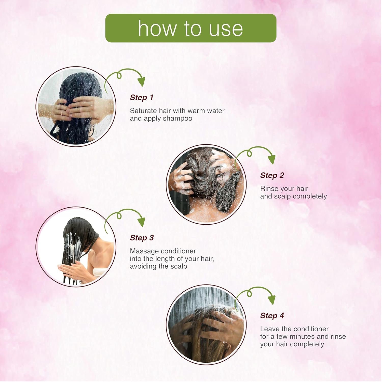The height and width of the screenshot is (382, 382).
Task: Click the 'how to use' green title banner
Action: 191,28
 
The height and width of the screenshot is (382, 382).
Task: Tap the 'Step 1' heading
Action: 142,98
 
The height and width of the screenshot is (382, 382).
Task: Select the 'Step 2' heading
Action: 272,175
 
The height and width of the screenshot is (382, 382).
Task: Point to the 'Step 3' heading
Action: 142,238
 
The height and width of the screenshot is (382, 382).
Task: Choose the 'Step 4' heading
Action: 272,316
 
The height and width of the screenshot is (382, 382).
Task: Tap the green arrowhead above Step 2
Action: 272,159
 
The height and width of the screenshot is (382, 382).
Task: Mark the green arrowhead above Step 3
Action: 141,222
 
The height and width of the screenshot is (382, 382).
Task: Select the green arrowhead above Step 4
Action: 272,300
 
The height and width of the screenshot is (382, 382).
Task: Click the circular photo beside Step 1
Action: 76,106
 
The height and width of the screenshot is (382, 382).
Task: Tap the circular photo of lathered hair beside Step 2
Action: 206,184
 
